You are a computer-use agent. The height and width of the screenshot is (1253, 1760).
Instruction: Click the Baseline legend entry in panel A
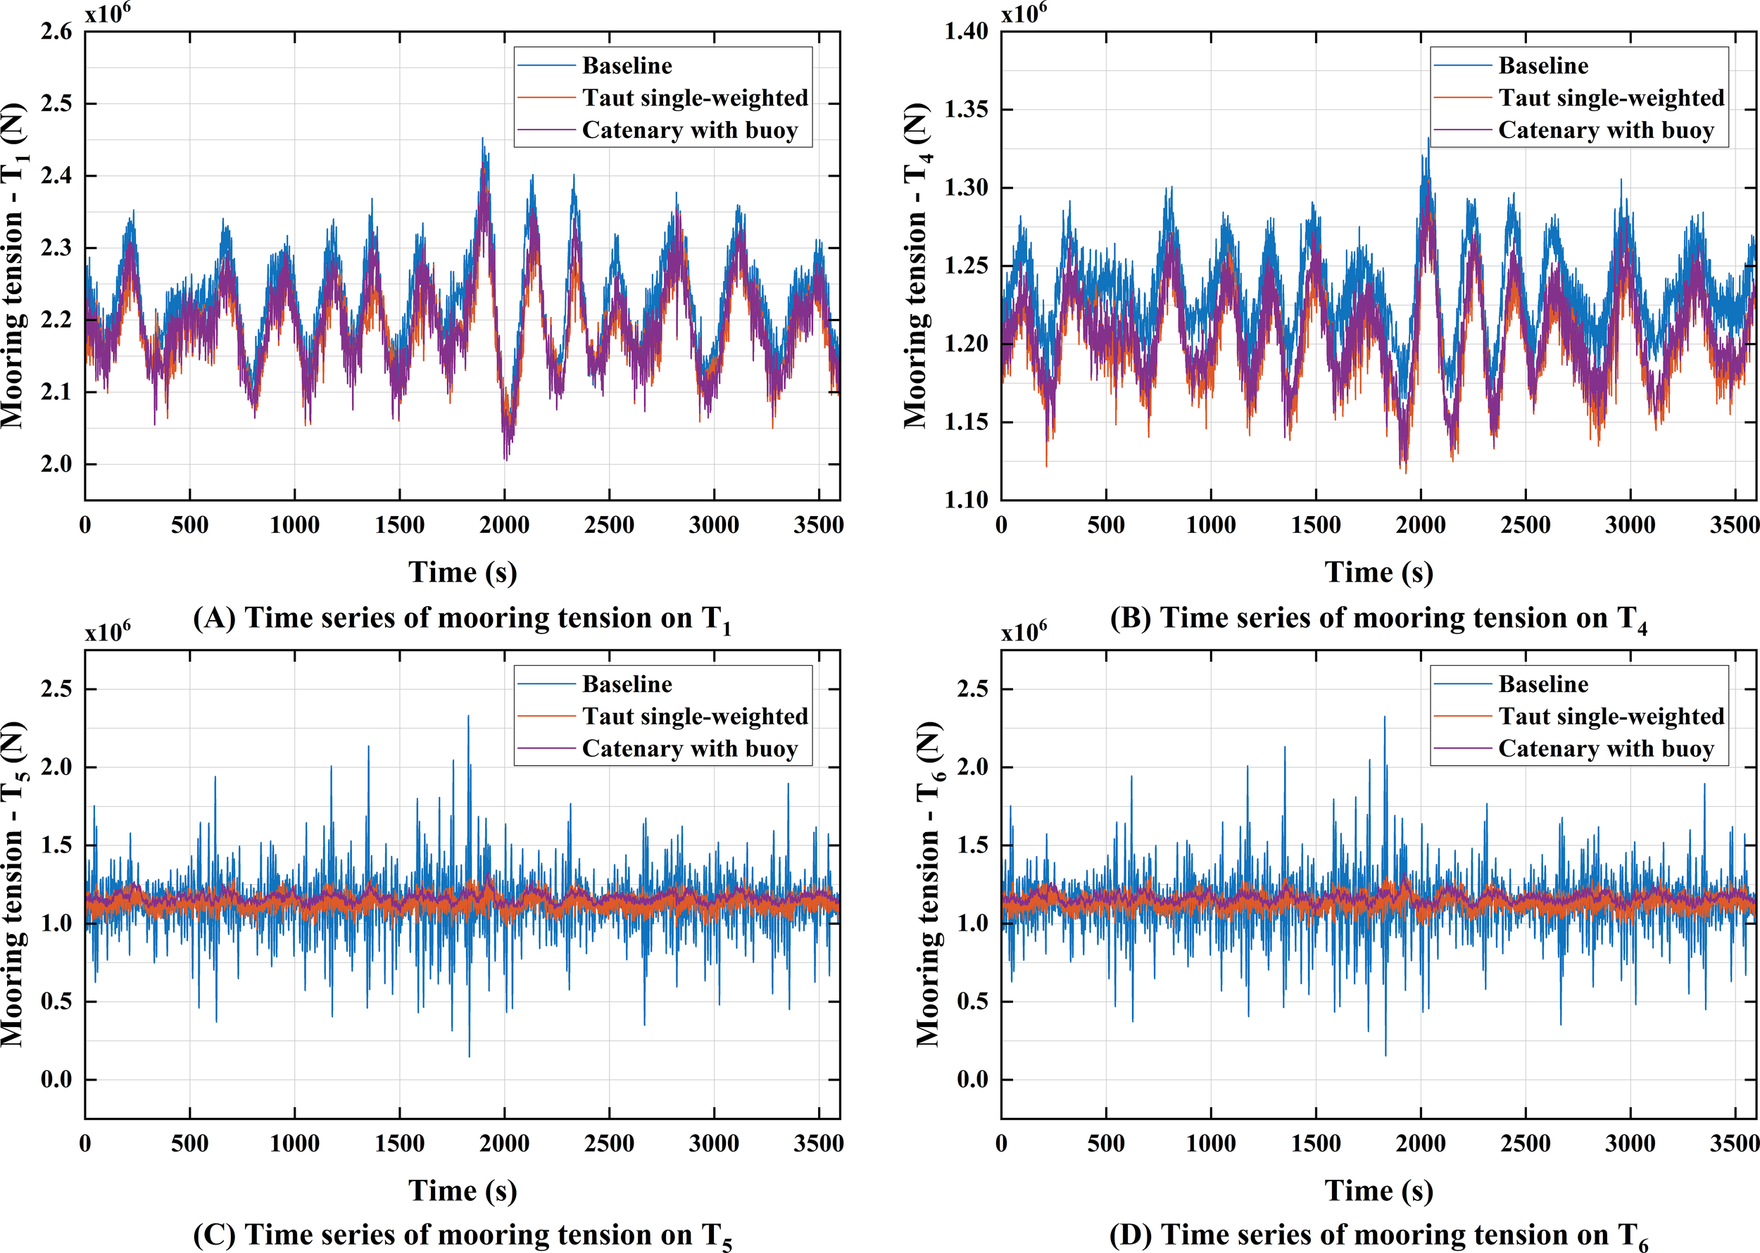(x=627, y=65)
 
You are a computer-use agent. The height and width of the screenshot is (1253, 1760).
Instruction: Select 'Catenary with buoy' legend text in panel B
(x=1606, y=130)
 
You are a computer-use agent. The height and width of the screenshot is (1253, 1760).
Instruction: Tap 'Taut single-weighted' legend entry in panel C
(x=694, y=717)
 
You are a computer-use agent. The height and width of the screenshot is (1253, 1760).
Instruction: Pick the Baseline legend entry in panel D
(x=1542, y=684)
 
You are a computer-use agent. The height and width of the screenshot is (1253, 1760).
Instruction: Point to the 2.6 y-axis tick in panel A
(x=56, y=32)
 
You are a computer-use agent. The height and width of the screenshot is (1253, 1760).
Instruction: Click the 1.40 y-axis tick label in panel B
(x=966, y=32)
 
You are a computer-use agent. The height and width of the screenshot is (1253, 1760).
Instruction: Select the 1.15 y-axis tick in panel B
(x=966, y=422)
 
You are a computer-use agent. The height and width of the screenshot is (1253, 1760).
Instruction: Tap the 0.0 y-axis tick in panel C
(x=56, y=1079)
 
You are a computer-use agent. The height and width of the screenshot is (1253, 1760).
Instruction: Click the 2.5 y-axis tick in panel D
(x=972, y=689)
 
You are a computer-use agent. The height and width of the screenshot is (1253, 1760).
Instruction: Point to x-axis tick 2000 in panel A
(x=504, y=525)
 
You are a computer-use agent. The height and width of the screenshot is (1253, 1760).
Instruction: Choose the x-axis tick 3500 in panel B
(x=1734, y=525)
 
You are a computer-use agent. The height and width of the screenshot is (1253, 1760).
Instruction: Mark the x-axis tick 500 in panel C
(x=190, y=1143)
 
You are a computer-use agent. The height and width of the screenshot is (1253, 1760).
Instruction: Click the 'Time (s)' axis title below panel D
(x=1379, y=1190)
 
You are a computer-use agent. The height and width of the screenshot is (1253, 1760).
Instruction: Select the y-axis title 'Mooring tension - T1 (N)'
(x=14, y=266)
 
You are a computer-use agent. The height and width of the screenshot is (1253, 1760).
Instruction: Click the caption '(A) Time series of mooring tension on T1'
(x=461, y=619)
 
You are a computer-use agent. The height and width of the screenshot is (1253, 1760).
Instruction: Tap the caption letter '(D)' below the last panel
(x=1131, y=1236)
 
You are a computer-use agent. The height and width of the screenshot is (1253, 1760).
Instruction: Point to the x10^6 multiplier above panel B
(x=1023, y=13)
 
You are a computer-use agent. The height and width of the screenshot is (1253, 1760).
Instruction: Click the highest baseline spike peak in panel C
(x=468, y=717)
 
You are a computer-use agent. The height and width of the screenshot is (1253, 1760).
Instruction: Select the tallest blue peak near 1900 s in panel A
(x=483, y=139)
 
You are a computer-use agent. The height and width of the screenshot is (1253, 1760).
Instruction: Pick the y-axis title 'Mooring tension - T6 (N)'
(x=929, y=884)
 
